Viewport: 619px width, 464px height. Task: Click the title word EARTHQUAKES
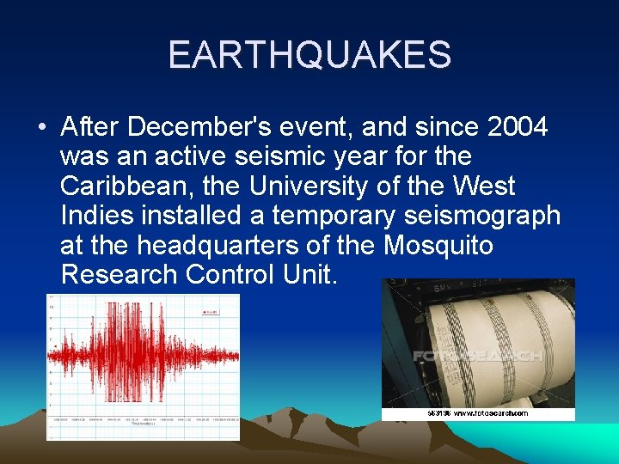coord(309,55)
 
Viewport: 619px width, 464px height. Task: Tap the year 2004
coord(517,127)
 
